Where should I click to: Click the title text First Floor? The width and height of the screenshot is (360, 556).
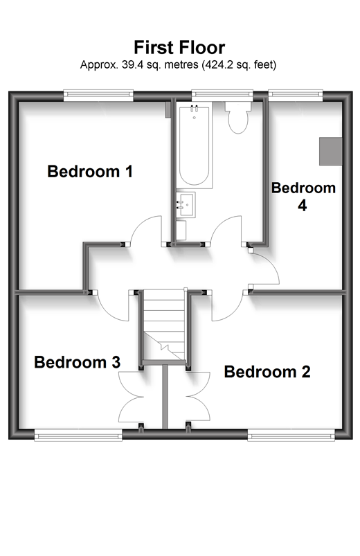179,47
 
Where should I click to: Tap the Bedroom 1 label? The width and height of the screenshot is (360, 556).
89,171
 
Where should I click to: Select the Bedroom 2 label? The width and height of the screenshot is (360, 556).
267,372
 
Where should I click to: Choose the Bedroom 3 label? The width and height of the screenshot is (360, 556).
77,361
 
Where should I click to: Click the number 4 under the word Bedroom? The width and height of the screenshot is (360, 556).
302,205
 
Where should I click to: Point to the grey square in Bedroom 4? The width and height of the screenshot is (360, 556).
330,151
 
